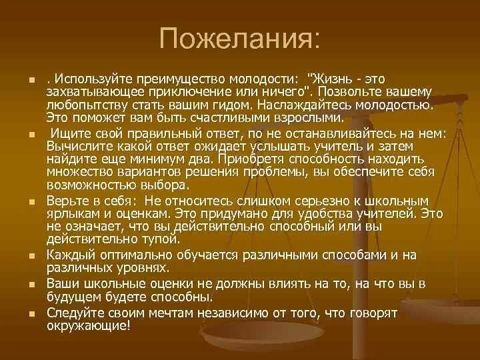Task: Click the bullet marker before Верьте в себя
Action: (x=31, y=201)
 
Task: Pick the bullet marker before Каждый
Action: (x=31, y=255)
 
